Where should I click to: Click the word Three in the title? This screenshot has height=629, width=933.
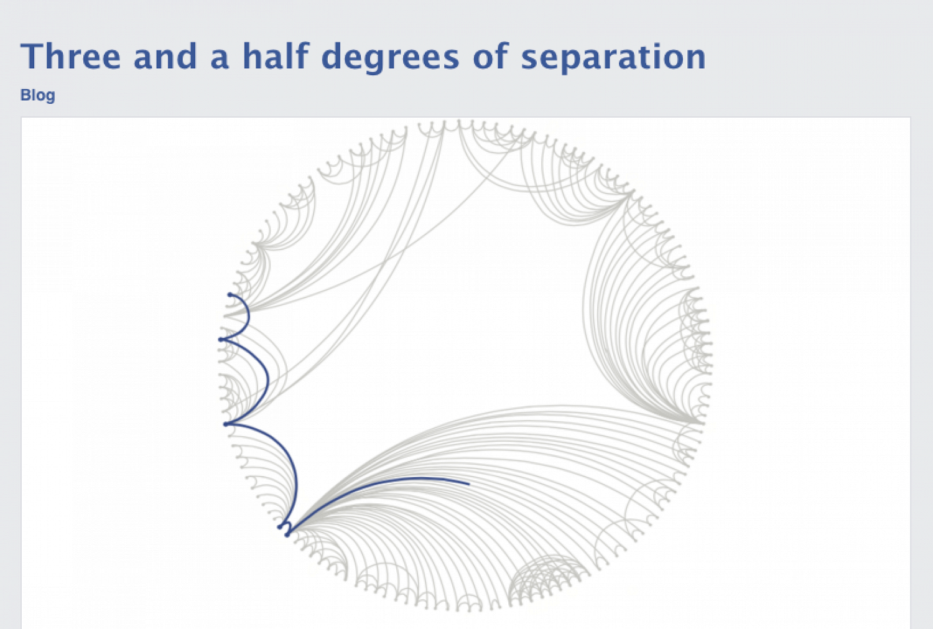pyautogui.click(x=70, y=56)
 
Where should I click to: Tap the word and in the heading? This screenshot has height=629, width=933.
pyautogui.click(x=165, y=56)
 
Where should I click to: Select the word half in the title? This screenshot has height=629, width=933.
pyautogui.click(x=276, y=56)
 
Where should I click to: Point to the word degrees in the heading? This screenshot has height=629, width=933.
pyautogui.click(x=390, y=58)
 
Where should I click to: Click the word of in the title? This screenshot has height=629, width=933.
pyautogui.click(x=491, y=56)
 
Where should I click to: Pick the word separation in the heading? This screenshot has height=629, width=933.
pyautogui.click(x=613, y=58)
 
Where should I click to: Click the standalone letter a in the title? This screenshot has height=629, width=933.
pyautogui.click(x=220, y=60)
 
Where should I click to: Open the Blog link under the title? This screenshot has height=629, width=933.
pyautogui.click(x=37, y=95)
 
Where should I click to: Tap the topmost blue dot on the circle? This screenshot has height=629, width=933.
pyautogui.click(x=230, y=295)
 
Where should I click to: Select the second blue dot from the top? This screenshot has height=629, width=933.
pyautogui.click(x=221, y=340)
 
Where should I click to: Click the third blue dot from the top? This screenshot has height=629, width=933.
pyautogui.click(x=226, y=424)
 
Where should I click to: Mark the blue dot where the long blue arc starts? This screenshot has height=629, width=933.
pyautogui.click(x=287, y=534)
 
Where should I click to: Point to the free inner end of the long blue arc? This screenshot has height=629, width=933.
pyautogui.click(x=469, y=484)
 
